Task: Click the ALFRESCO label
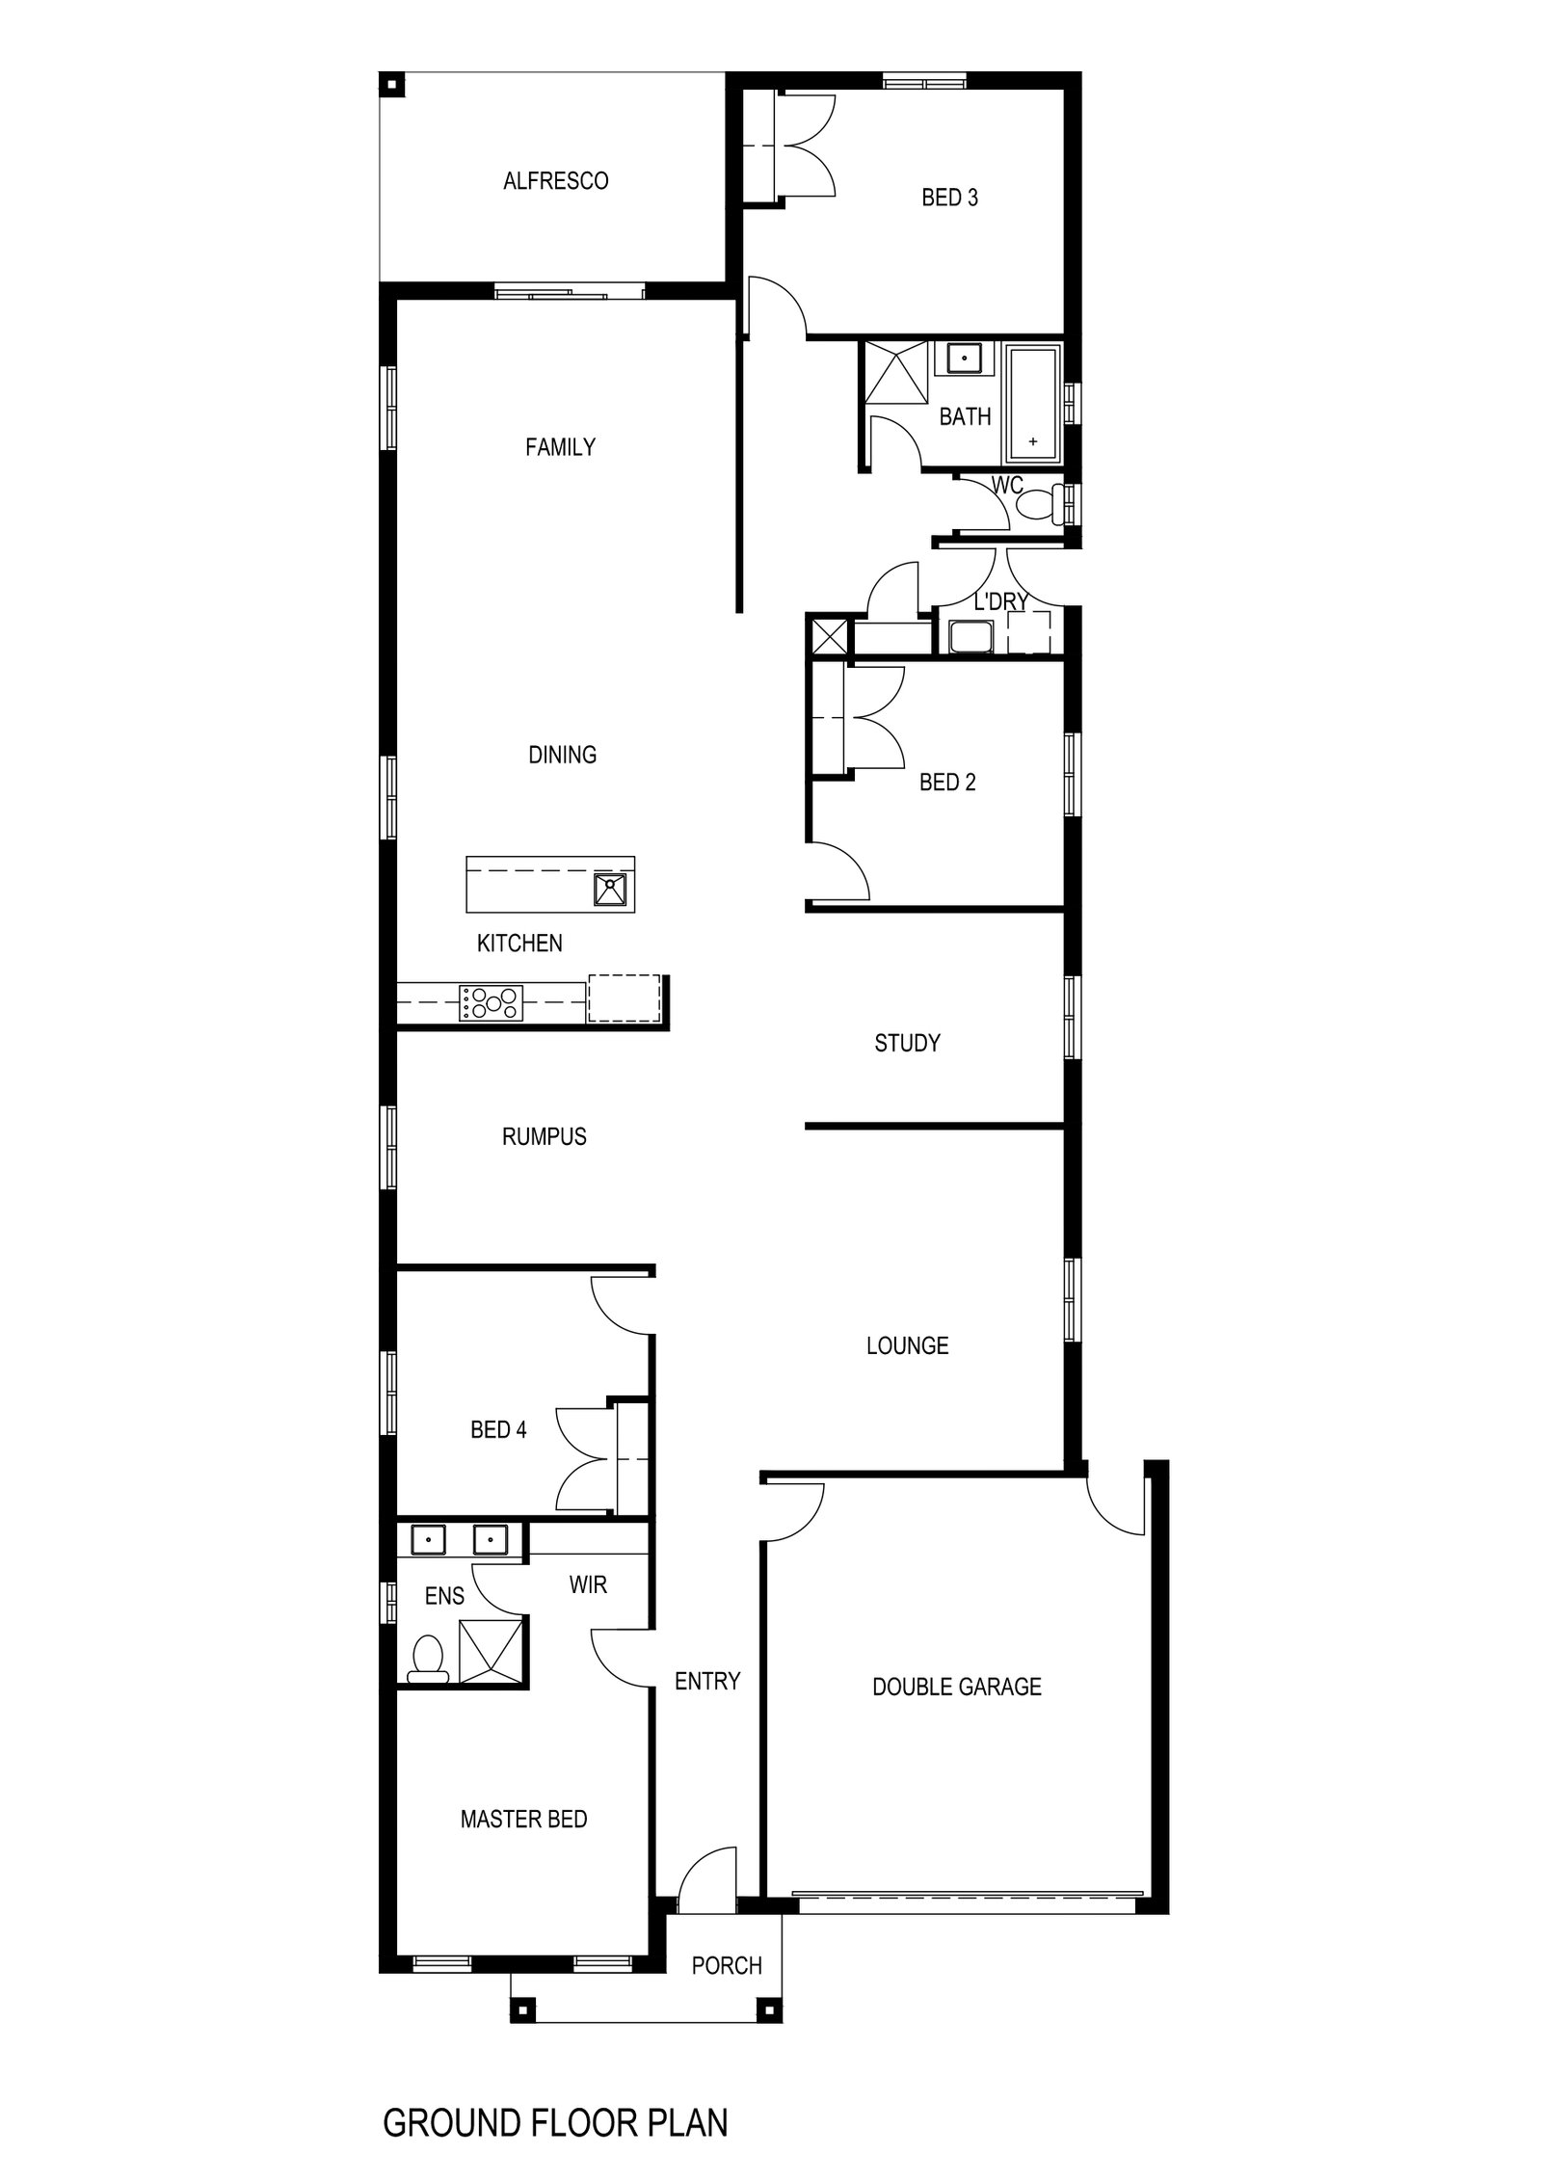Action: coord(555,181)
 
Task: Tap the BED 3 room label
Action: coord(949,198)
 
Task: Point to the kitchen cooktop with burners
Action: coord(492,1002)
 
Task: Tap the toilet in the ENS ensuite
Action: coord(427,1659)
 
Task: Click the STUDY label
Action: coord(907,1043)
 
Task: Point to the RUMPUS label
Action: coord(544,1137)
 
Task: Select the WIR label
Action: coord(588,1584)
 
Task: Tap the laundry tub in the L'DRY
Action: coord(970,637)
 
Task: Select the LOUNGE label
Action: coord(907,1345)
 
